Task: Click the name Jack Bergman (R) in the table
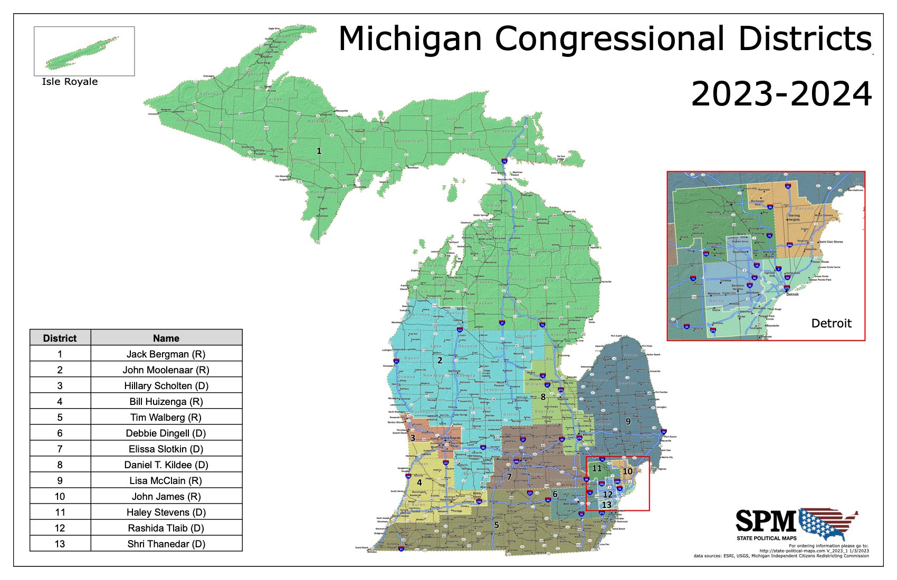pyautogui.click(x=166, y=354)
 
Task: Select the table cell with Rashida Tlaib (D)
pyautogui.click(x=166, y=528)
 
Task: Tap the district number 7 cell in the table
pyautogui.click(x=60, y=449)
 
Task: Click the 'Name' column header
pyautogui.click(x=166, y=338)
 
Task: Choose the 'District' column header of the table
pyautogui.click(x=60, y=338)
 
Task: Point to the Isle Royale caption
pyautogui.click(x=70, y=82)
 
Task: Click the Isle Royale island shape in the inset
pyautogui.click(x=82, y=53)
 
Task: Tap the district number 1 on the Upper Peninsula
pyautogui.click(x=319, y=151)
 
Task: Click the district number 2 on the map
pyautogui.click(x=440, y=361)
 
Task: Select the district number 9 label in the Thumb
pyautogui.click(x=628, y=421)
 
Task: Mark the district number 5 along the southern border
pyautogui.click(x=497, y=525)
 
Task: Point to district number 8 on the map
pyautogui.click(x=542, y=397)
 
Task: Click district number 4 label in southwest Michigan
pyautogui.click(x=419, y=482)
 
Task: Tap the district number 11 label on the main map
pyautogui.click(x=597, y=468)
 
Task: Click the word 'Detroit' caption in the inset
pyautogui.click(x=831, y=323)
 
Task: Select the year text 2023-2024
pyautogui.click(x=781, y=94)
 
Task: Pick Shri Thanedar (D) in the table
pyautogui.click(x=166, y=544)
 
